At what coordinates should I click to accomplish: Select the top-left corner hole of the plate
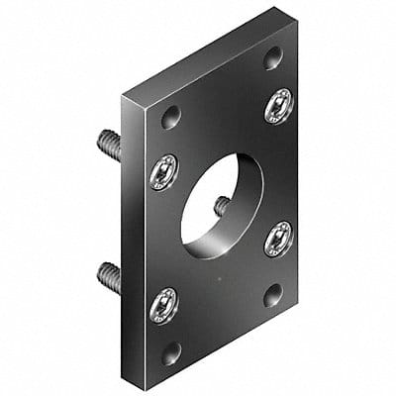click(171, 117)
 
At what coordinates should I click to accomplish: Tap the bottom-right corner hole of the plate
click(271, 295)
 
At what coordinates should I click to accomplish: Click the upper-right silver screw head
click(279, 104)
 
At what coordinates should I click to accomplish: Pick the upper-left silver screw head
click(163, 172)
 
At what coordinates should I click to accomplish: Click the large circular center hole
click(221, 203)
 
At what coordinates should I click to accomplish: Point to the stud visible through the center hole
click(223, 205)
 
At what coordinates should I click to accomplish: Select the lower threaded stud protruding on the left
click(110, 276)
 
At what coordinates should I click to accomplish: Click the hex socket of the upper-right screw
click(279, 104)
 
